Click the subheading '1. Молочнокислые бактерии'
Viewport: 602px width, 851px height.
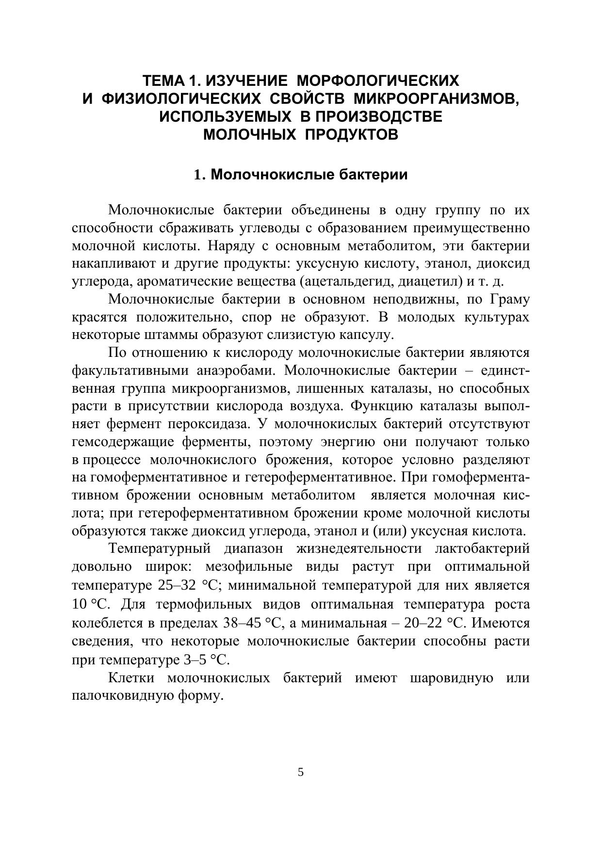pos(300,175)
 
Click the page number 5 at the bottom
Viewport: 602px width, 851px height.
pos(301,772)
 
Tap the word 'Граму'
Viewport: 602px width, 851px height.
pos(510,299)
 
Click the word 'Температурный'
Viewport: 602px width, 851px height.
pos(160,549)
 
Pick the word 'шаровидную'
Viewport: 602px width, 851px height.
pos(451,678)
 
